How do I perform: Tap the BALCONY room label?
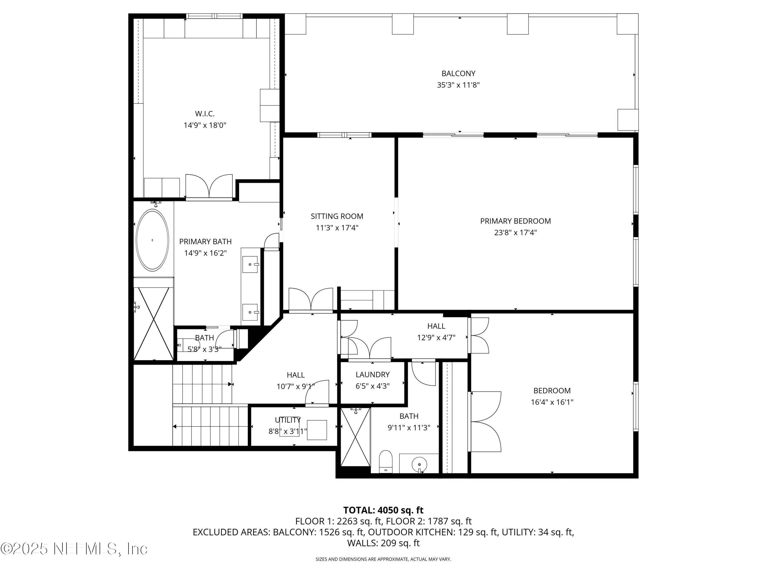(458, 74)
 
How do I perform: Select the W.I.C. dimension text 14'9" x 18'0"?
(205, 125)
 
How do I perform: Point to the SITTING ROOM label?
(337, 216)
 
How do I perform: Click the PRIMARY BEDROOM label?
(515, 221)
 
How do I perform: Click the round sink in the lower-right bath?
(420, 464)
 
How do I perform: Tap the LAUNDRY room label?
(373, 375)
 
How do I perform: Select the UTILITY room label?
(288, 420)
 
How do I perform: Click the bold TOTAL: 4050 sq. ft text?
(383, 510)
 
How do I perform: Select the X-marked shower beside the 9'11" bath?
(355, 437)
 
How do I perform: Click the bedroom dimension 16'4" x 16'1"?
(552, 402)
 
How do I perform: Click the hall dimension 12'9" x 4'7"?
(436, 337)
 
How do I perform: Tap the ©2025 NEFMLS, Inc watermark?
(74, 549)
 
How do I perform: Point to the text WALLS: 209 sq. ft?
(383, 543)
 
